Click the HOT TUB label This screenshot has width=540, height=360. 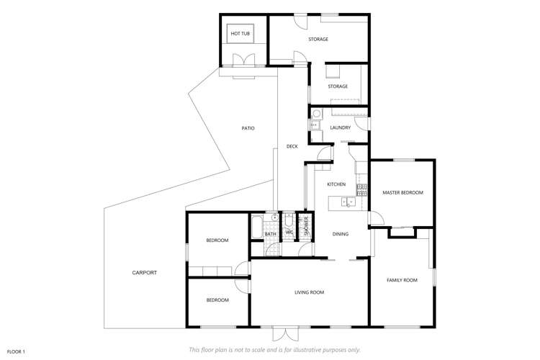[240, 34]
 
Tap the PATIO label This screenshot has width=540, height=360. [248, 128]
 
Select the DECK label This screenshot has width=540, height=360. [292, 146]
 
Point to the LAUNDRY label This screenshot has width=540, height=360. [340, 128]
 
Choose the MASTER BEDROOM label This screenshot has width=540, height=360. [402, 193]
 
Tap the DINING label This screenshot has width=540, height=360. [341, 234]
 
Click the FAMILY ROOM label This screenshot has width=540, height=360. [402, 280]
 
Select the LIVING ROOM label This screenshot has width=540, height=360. [309, 292]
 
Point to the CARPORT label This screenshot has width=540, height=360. [144, 273]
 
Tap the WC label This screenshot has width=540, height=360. [289, 233]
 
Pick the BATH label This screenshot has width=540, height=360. [271, 234]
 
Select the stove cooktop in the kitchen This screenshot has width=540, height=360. [363, 190]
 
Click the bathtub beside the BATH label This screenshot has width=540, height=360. [257, 227]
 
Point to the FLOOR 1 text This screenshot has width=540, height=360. [16, 351]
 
